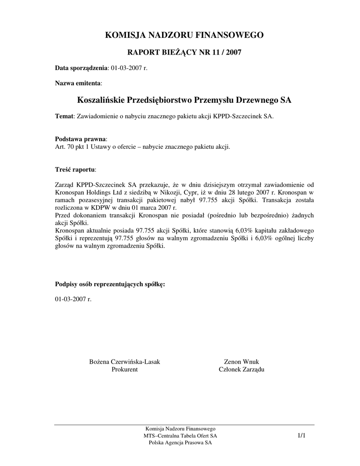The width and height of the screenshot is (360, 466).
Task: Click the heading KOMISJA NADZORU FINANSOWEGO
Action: pos(184,35)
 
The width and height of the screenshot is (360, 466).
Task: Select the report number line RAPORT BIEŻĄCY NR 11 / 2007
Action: pos(184,52)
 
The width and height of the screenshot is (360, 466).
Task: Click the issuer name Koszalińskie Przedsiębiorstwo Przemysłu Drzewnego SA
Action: pos(184,100)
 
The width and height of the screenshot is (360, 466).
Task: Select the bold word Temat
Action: pos(64,116)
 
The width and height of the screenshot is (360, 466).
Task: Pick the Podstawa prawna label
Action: pos(81,138)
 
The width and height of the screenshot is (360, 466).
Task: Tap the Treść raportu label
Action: pos(75,169)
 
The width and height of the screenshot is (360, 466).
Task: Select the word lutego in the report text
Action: pos(241,192)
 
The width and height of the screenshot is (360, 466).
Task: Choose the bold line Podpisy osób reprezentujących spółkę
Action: pos(110,284)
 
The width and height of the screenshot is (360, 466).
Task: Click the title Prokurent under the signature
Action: pos(124,370)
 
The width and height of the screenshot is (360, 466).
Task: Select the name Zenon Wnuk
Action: pos(242,362)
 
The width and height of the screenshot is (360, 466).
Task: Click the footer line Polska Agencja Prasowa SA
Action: pos(180,443)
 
